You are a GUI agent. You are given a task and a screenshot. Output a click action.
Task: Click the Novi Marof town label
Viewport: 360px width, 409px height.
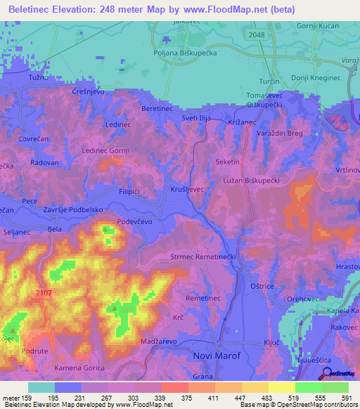tap(216, 356)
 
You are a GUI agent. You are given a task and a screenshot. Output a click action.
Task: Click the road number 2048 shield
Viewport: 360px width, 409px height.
tap(257, 34)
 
